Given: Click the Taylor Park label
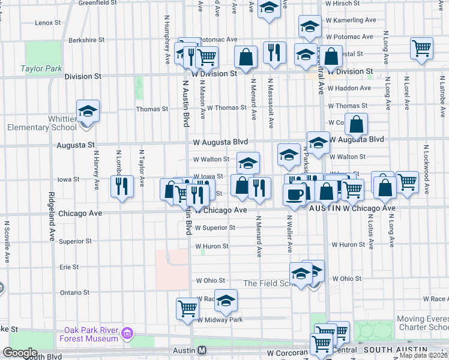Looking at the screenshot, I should pyautogui.click(x=41, y=69).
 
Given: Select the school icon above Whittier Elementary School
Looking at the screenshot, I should pyautogui.click(x=88, y=111).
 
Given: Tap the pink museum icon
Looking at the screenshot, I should pyautogui.click(x=127, y=333).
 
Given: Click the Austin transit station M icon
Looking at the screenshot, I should pyautogui.click(x=202, y=350).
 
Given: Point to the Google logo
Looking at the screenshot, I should pyautogui.click(x=20, y=353).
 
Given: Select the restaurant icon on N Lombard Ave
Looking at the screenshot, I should pyautogui.click(x=122, y=187).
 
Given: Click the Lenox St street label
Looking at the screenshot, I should pyautogui.click(x=49, y=23).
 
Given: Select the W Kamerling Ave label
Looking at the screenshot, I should pyautogui.click(x=351, y=20).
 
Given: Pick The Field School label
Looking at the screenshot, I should pyautogui.click(x=268, y=283).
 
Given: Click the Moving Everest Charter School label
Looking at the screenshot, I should pyautogui.click(x=422, y=323).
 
